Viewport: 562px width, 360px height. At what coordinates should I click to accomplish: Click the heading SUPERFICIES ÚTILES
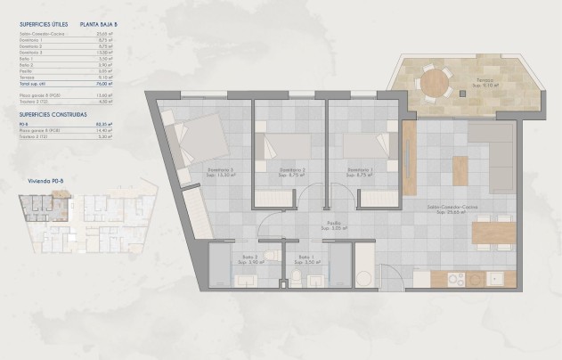(39, 25)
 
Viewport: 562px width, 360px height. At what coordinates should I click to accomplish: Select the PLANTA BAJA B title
(99, 25)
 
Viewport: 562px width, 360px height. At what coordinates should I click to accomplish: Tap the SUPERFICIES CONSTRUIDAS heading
(49, 115)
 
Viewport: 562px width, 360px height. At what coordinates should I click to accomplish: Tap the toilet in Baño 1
(295, 280)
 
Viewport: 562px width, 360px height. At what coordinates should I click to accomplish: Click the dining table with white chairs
(492, 232)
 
